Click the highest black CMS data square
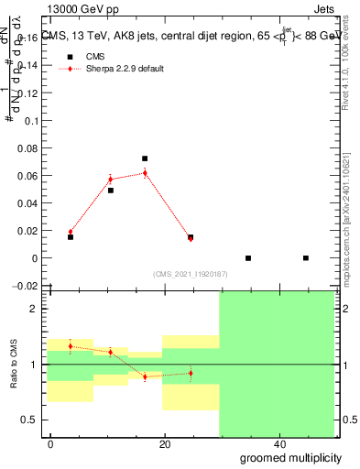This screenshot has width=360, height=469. (145, 158)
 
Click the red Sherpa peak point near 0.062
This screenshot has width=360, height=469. (145, 172)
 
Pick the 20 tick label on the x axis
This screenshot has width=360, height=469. (164, 444)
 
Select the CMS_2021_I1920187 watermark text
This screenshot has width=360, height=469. (190, 273)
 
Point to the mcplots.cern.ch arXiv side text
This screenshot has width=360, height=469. (346, 211)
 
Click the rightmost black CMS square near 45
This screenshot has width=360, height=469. (306, 258)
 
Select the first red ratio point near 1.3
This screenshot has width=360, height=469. (71, 346)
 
